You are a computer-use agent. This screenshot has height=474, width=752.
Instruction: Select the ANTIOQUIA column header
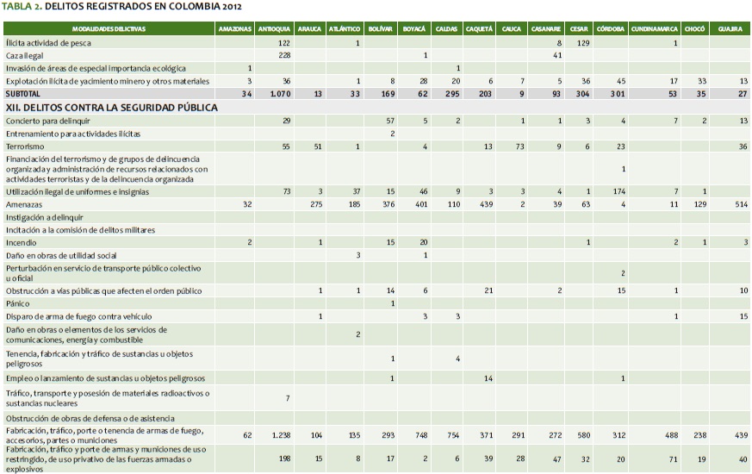pos(275,28)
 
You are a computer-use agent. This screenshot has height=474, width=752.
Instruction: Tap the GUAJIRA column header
pos(730,28)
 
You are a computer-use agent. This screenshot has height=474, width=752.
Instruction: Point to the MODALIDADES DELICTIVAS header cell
pos(109,28)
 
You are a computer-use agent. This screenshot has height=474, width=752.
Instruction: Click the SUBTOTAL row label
pos(22,93)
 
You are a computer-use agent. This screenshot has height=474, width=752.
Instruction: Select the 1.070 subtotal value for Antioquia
pos(281,93)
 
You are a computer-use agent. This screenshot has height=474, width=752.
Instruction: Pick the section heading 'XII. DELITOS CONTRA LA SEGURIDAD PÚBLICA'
pos(111,108)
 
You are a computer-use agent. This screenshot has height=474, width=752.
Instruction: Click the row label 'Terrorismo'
pos(27,147)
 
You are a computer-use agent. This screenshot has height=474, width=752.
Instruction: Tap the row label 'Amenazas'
pos(25,206)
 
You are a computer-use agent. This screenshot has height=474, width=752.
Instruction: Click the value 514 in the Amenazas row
pos(741,206)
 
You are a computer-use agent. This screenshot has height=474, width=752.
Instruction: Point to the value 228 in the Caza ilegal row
pos(284,54)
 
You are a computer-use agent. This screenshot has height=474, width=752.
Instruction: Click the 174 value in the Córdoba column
pos(618,191)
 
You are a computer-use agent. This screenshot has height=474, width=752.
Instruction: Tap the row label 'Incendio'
pos(22,242)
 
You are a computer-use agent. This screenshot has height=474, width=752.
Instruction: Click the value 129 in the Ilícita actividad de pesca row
pos(583,41)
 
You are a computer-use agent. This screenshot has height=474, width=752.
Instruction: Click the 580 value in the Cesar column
pos(583,435)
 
